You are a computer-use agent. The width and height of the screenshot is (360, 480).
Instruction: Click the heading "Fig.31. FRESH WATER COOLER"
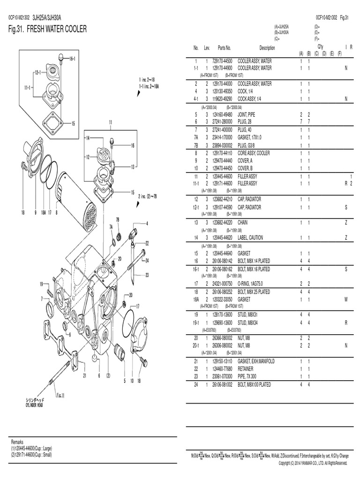[48, 29]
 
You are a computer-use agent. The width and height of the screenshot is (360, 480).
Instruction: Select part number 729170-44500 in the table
[222, 61]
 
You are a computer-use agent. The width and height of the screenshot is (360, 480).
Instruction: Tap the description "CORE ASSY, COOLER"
[254, 153]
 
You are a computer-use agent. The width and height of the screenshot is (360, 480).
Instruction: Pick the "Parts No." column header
[225, 48]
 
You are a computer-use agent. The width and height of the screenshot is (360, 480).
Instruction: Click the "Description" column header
[267, 48]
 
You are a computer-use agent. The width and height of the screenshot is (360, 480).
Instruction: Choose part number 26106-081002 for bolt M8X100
[222, 384]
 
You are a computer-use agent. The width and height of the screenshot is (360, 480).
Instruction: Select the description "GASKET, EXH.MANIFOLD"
[256, 361]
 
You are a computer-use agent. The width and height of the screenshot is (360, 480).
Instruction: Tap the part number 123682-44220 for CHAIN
[222, 222]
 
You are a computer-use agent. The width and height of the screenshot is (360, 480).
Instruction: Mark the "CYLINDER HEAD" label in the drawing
[34, 405]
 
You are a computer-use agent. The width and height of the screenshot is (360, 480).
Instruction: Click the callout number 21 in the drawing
[85, 375]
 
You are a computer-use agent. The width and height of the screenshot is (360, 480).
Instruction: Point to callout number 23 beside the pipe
[147, 275]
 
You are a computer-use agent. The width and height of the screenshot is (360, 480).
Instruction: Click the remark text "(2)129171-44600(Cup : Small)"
[32, 455]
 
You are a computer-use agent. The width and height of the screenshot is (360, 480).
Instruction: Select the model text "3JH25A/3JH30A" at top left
[47, 18]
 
